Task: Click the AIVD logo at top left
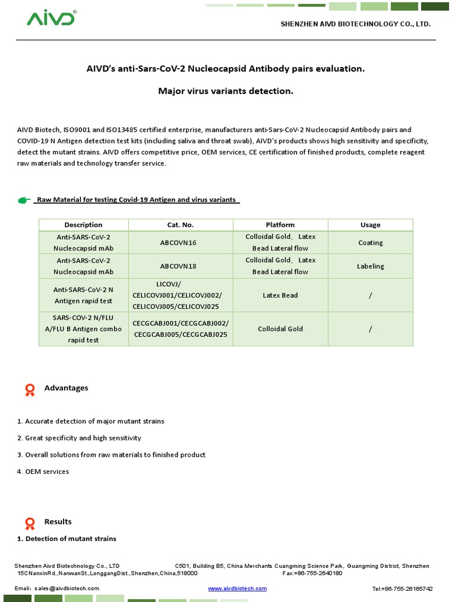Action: click(x=51, y=18)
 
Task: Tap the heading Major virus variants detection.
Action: click(x=225, y=91)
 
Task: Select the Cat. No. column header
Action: click(x=181, y=225)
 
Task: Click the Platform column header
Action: click(x=280, y=225)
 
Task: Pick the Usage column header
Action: click(x=370, y=225)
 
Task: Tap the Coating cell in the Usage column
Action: click(x=370, y=242)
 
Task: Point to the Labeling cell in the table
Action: click(x=370, y=266)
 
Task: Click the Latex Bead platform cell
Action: click(x=280, y=295)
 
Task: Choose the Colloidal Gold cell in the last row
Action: click(x=280, y=329)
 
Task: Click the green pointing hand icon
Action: click(x=24, y=200)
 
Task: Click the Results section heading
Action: click(x=58, y=521)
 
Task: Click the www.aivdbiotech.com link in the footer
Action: click(x=237, y=588)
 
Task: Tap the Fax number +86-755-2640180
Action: click(x=313, y=573)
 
